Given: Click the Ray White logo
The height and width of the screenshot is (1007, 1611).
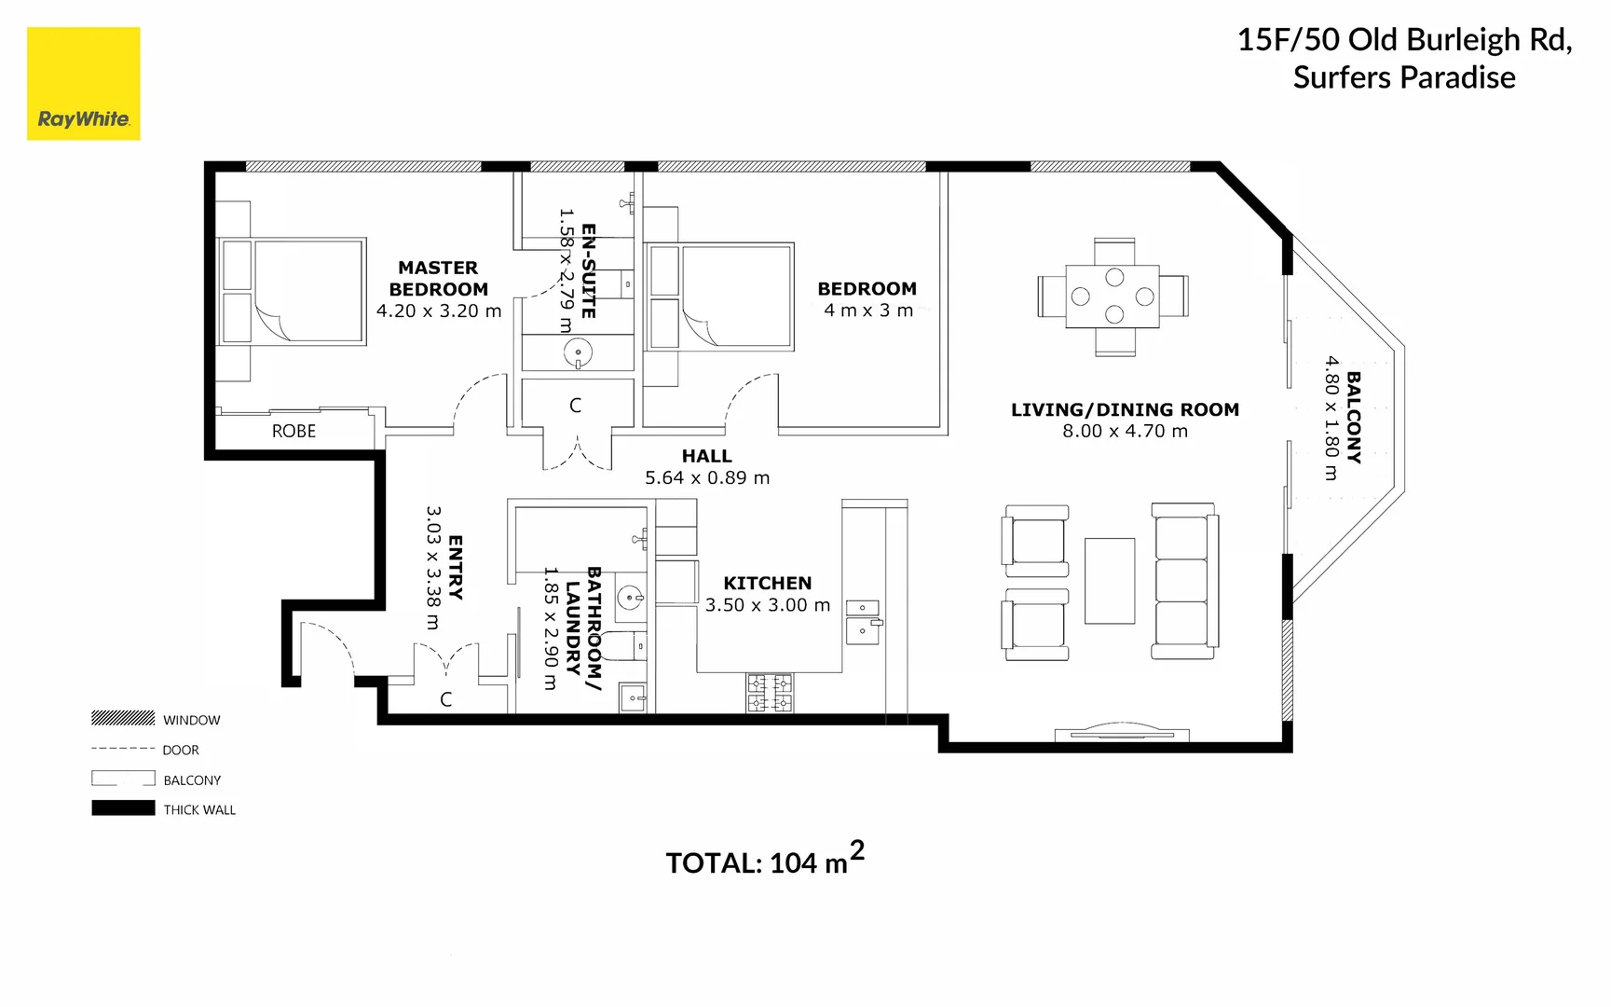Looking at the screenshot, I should [x=83, y=84].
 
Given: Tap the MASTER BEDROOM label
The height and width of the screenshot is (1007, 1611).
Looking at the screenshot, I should [x=438, y=279].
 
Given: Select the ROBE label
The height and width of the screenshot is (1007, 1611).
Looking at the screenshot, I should [x=294, y=431].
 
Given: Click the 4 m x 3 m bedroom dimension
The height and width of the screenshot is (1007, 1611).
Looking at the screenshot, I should [x=867, y=310].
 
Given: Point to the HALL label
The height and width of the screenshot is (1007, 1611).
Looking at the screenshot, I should [x=706, y=456].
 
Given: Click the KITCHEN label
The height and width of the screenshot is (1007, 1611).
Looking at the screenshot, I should [x=767, y=583].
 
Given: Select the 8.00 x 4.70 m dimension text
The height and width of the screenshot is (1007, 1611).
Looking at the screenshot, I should [x=1125, y=431].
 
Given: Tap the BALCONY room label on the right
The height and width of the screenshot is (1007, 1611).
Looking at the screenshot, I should [x=1354, y=417].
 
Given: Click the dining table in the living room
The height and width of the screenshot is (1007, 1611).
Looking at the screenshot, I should [x=1113, y=297].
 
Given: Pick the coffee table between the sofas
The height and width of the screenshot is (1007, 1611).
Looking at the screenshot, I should [x=1109, y=580].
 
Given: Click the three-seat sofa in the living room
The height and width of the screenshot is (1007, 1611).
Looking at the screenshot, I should [x=1184, y=581].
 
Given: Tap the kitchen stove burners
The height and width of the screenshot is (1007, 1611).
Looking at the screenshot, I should [x=770, y=693].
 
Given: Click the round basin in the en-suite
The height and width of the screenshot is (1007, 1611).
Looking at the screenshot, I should [x=578, y=353].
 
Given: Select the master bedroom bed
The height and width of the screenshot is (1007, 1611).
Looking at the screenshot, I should [x=293, y=291].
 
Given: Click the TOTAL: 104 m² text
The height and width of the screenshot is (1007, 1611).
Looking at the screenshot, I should [x=764, y=862].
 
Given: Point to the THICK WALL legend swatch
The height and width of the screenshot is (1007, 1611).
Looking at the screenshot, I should [x=123, y=808].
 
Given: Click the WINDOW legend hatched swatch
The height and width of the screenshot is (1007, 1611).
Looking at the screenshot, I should [x=123, y=718].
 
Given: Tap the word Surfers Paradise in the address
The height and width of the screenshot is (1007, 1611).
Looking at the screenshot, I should [x=1403, y=77].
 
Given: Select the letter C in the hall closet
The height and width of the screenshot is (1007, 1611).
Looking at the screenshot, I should [x=575, y=406].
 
